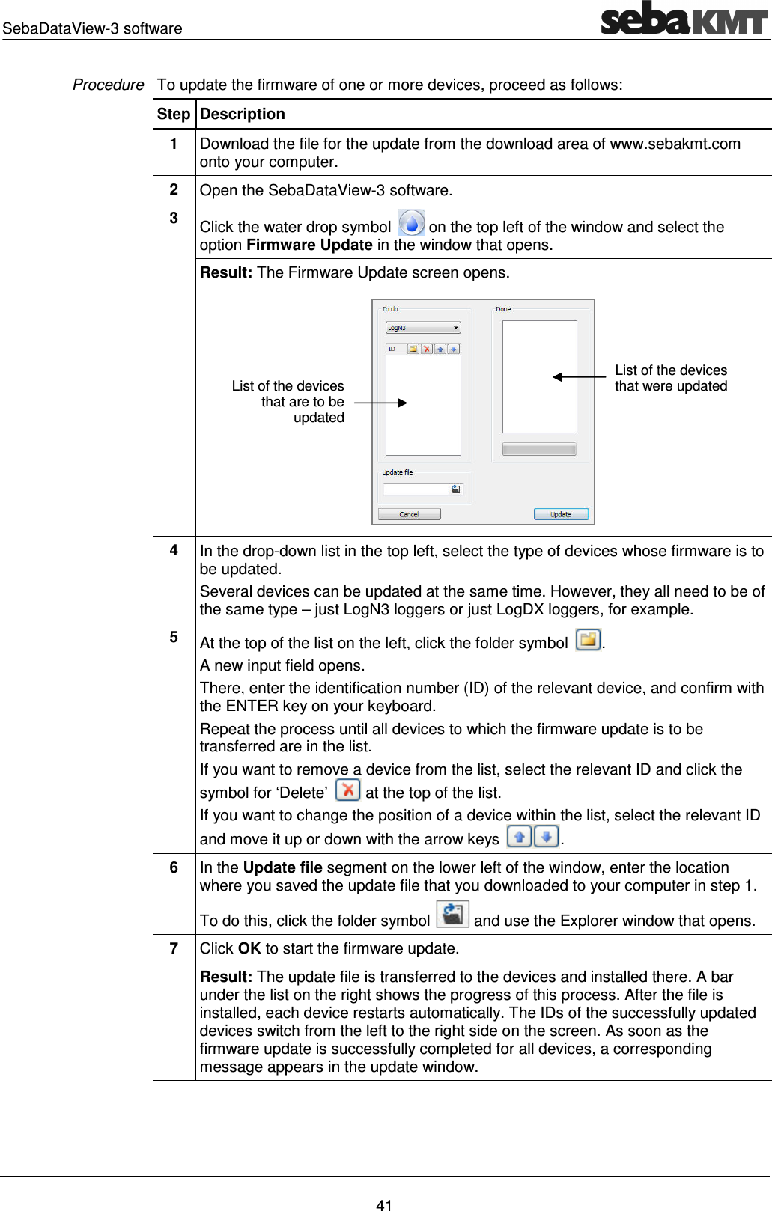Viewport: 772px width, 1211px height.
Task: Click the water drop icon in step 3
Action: [x=411, y=223]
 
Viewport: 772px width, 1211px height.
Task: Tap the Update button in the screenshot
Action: [x=561, y=514]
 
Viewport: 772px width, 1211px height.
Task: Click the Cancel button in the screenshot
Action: [x=409, y=514]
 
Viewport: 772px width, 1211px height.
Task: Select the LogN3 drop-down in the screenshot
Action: [x=423, y=328]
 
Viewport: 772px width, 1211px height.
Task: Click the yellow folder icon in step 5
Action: [x=588, y=640]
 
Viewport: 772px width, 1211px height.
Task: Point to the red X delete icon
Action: [x=347, y=790]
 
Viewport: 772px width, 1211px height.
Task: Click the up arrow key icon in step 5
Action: [x=519, y=836]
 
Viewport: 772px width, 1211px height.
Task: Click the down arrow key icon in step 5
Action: [x=547, y=836]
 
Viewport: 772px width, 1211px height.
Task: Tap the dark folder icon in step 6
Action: [x=452, y=914]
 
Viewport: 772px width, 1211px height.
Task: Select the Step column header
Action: [x=174, y=114]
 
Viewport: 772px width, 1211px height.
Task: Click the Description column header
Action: [x=243, y=114]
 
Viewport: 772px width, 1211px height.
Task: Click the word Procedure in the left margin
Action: [x=108, y=85]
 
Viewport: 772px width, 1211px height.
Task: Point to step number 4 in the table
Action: [x=174, y=550]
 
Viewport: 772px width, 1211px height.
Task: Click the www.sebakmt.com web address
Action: [x=675, y=144]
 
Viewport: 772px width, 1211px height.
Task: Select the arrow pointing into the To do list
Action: [x=380, y=403]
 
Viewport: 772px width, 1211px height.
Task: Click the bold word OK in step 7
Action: [x=249, y=948]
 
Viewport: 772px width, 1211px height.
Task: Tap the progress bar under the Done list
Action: [x=539, y=449]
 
